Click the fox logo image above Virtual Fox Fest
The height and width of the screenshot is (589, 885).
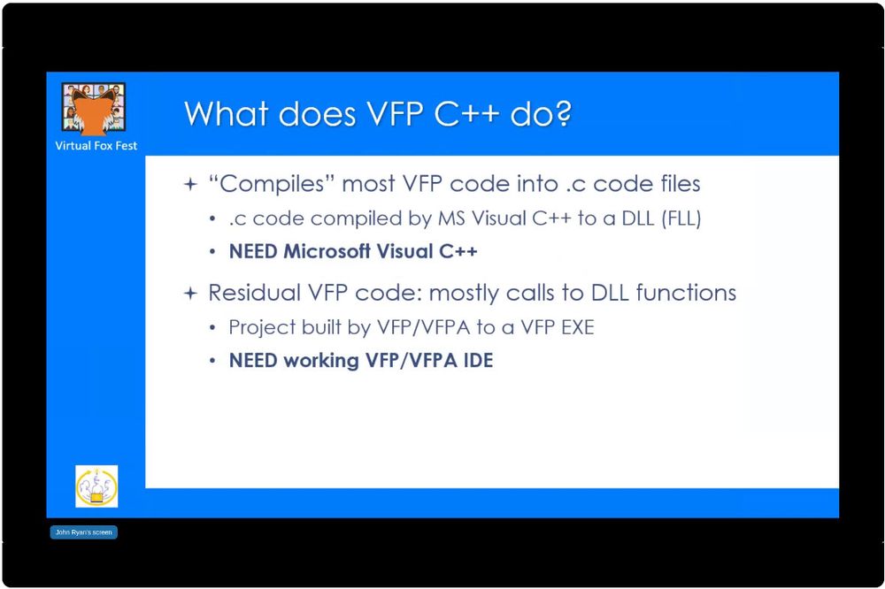pyautogui.click(x=94, y=109)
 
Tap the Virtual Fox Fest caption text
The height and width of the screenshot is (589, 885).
pyautogui.click(x=96, y=146)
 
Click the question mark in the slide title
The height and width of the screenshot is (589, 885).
pyautogui.click(x=562, y=113)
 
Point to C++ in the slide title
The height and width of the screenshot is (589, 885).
pyautogui.click(x=466, y=113)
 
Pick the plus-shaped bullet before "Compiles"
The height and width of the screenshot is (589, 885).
pyautogui.click(x=191, y=185)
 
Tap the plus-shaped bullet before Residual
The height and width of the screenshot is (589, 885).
pyautogui.click(x=191, y=294)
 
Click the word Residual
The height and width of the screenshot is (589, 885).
pyautogui.click(x=255, y=293)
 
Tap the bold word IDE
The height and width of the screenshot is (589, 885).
pyautogui.click(x=478, y=360)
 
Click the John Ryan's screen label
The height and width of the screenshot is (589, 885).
pyautogui.click(x=83, y=532)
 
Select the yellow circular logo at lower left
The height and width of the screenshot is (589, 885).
pyautogui.click(x=96, y=486)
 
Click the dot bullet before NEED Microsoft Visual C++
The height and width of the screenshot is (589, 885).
pyautogui.click(x=212, y=252)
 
